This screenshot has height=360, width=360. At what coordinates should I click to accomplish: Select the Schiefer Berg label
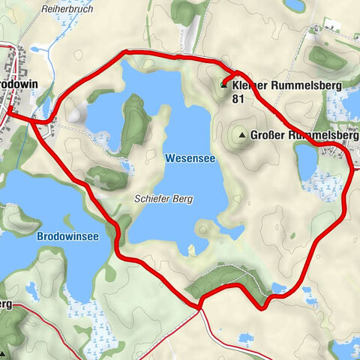(163, 199)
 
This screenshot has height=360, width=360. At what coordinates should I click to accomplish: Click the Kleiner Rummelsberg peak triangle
(224, 85)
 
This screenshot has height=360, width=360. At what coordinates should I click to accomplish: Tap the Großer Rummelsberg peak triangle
(241, 136)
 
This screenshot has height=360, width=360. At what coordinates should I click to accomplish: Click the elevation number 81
(238, 98)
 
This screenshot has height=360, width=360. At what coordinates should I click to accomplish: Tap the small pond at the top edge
(295, 4)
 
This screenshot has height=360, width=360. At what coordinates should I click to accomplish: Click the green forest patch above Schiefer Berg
(105, 177)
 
